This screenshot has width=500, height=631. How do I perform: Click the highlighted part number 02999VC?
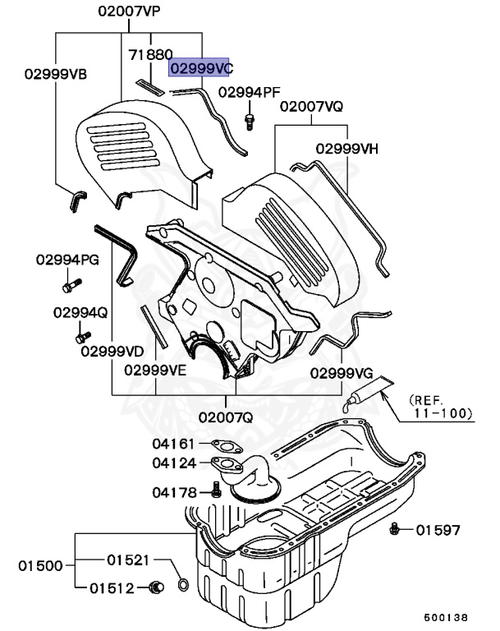coord(200,68)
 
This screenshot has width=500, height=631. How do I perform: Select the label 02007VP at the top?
coord(130,12)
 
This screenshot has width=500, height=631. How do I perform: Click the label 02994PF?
coord(250,91)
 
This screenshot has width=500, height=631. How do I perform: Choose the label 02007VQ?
coord(311,107)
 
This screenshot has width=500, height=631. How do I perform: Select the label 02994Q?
coord(80,312)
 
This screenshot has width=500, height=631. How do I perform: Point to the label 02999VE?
coord(156,370)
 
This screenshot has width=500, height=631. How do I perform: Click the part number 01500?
coord(41,565)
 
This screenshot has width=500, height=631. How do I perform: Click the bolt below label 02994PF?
coord(249,121)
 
